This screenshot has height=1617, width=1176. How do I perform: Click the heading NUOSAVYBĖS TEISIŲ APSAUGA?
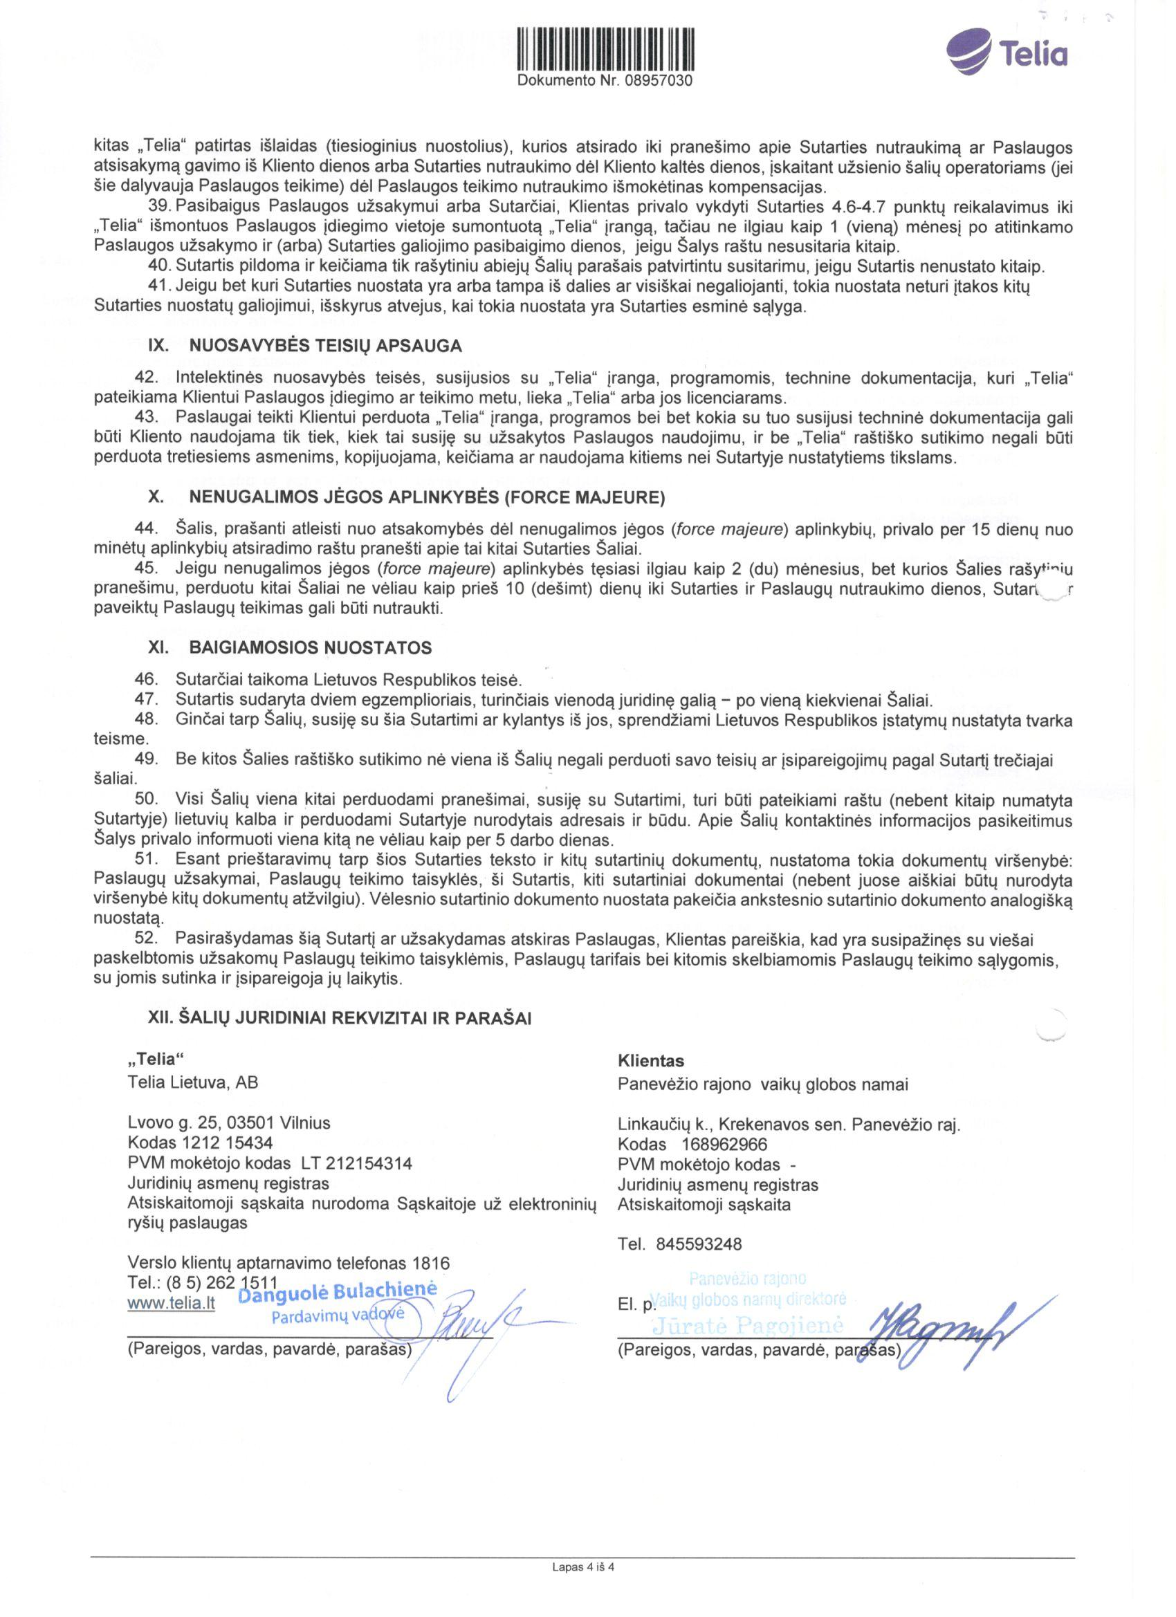[325, 346]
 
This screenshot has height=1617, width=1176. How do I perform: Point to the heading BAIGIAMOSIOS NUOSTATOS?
[310, 648]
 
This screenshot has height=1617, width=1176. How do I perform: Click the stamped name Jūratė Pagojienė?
[748, 1325]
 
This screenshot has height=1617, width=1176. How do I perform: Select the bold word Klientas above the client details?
[651, 1061]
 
